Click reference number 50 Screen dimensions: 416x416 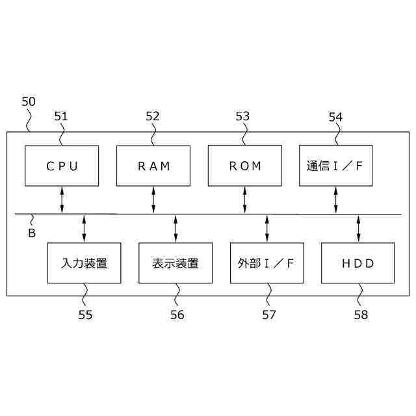click(x=29, y=101)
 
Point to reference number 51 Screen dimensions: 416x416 click(x=61, y=116)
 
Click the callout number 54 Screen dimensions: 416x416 click(x=335, y=117)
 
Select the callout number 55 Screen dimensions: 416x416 click(x=85, y=315)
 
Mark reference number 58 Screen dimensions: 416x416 click(x=361, y=315)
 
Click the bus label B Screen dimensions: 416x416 click(x=32, y=233)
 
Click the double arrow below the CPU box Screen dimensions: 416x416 click(x=62, y=200)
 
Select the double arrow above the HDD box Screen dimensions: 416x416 click(x=358, y=228)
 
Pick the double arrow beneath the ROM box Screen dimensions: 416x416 click(x=244, y=200)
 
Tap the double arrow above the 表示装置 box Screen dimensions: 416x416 click(x=175, y=228)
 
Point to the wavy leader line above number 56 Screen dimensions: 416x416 click(x=177, y=294)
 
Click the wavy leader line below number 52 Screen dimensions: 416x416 click(x=153, y=135)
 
